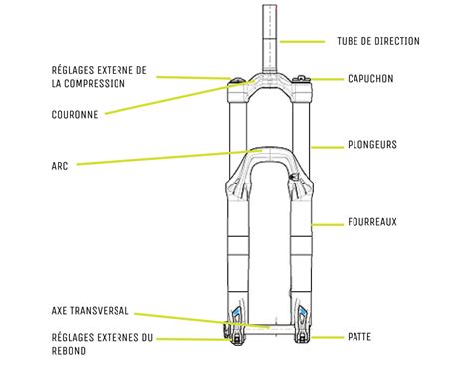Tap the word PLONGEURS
pyautogui.click(x=373, y=145)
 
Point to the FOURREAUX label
pyautogui.click(x=373, y=222)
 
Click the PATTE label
pyautogui.click(x=361, y=338)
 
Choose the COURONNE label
pyautogui.click(x=74, y=114)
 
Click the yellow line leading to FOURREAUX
pyautogui.click(x=329, y=223)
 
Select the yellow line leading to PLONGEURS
pyautogui.click(x=329, y=146)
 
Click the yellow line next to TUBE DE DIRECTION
pyautogui.click(x=304, y=42)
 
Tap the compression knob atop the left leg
pyautogui.click(x=236, y=81)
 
